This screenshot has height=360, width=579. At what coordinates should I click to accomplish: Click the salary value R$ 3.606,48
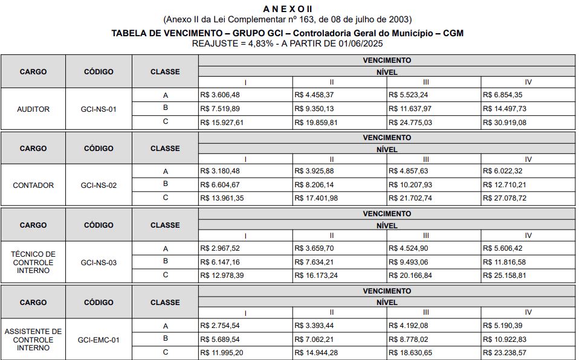(219, 95)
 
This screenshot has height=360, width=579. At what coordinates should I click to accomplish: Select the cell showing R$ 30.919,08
(505, 122)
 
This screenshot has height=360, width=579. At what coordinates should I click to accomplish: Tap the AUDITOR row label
(33, 109)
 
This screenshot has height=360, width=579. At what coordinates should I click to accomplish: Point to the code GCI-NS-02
(99, 185)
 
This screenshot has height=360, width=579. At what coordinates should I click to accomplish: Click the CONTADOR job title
(33, 185)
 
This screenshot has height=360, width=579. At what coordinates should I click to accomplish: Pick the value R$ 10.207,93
(410, 185)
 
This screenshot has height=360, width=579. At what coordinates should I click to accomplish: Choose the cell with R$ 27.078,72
(505, 198)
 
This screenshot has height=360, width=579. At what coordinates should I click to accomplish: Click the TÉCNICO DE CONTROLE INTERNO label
(33, 262)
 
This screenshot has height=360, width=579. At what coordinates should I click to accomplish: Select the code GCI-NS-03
(99, 263)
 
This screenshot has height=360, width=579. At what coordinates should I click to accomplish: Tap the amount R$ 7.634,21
(314, 262)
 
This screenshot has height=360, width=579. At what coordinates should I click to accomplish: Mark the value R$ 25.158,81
(505, 275)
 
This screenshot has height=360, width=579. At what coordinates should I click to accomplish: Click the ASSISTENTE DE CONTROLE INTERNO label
(33, 339)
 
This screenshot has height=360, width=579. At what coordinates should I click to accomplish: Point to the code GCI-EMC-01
(99, 340)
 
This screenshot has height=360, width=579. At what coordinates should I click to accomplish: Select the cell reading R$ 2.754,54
(219, 326)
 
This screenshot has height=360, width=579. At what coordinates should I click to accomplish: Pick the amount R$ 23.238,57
(505, 353)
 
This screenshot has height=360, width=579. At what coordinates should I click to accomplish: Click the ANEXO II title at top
(288, 8)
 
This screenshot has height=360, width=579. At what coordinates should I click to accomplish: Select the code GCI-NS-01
(99, 109)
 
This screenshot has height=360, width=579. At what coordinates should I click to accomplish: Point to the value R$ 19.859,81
(316, 122)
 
